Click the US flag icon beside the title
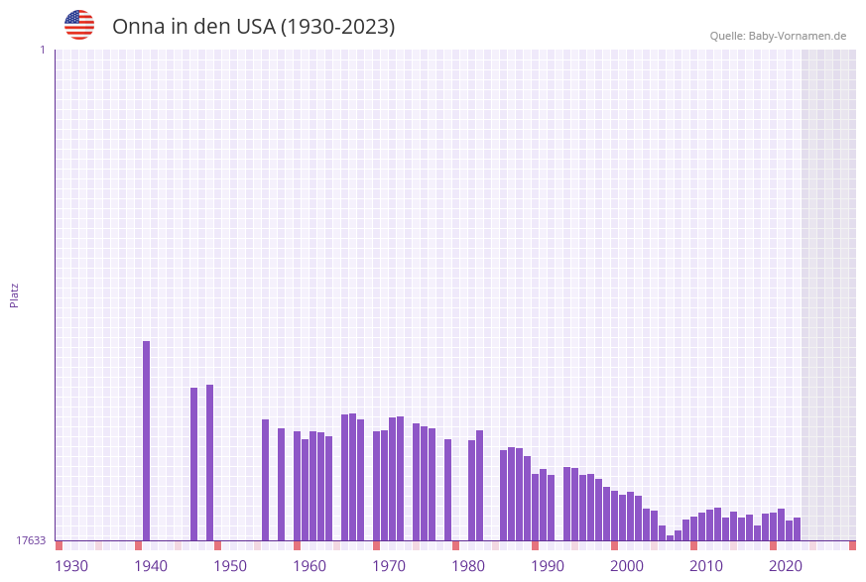click(x=79, y=25)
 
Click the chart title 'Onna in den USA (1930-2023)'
click(x=253, y=27)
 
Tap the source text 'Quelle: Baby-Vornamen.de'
click(x=778, y=36)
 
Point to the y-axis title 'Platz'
click(x=15, y=295)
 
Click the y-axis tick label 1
click(x=42, y=50)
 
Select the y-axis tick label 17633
click(x=31, y=540)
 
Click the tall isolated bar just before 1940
click(x=147, y=440)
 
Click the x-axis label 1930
click(x=71, y=566)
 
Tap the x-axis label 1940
click(x=151, y=566)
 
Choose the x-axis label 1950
click(x=230, y=566)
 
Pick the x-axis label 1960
click(x=309, y=566)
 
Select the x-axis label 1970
click(x=389, y=566)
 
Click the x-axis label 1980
click(x=468, y=566)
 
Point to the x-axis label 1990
click(x=548, y=566)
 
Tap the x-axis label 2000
click(x=627, y=566)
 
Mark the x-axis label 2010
click(x=706, y=566)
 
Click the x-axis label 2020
click(x=786, y=566)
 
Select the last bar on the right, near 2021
click(x=797, y=528)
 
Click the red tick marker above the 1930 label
click(x=60, y=545)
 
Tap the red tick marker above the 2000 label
click(x=615, y=545)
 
